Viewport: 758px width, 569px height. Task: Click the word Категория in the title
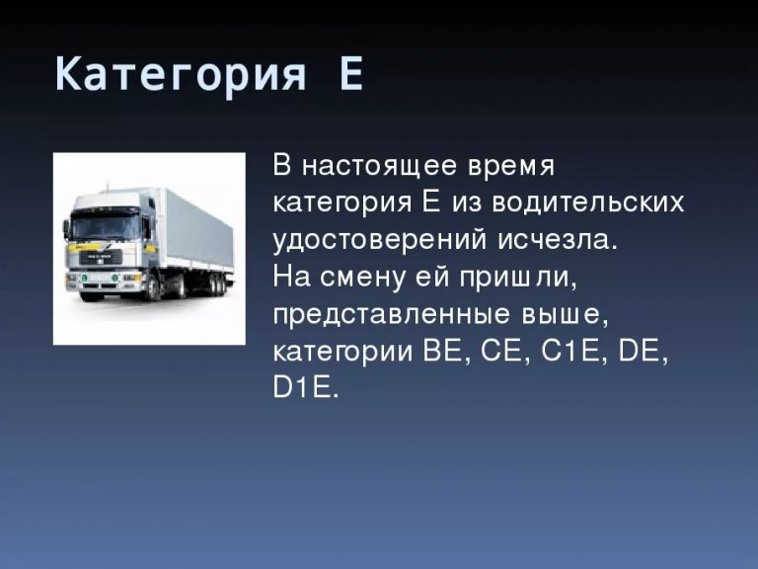click(x=181, y=74)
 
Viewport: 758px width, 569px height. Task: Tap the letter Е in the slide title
click(x=351, y=73)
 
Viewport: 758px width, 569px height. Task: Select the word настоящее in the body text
click(x=380, y=166)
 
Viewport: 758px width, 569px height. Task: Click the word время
click(x=511, y=167)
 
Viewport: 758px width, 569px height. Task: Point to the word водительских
click(x=588, y=203)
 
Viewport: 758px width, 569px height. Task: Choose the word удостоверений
click(x=379, y=240)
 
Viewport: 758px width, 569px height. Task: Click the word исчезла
click(x=558, y=240)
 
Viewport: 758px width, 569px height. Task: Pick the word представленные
click(x=392, y=315)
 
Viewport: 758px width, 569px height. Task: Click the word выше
click(x=565, y=315)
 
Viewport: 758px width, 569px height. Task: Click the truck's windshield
click(x=106, y=226)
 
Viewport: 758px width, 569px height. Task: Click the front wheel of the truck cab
click(x=153, y=288)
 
